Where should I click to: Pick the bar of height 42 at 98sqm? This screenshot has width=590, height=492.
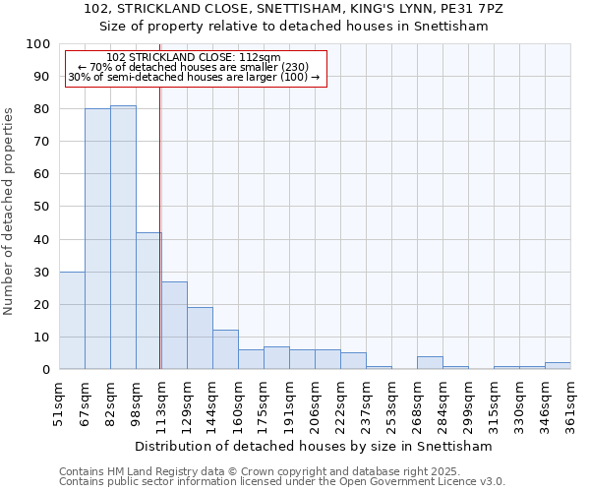[x=148, y=300]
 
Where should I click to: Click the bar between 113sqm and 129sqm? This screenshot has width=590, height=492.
[x=174, y=325]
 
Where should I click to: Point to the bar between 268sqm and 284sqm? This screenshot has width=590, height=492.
[x=430, y=362]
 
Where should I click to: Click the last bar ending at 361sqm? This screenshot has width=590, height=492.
[x=558, y=365]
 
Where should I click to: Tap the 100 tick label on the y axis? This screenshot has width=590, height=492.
[x=38, y=44]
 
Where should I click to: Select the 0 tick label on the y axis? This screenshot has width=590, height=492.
[x=46, y=369]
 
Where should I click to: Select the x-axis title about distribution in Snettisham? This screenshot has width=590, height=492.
[x=315, y=446]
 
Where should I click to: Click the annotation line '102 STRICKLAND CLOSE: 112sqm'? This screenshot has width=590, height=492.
[x=194, y=57]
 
